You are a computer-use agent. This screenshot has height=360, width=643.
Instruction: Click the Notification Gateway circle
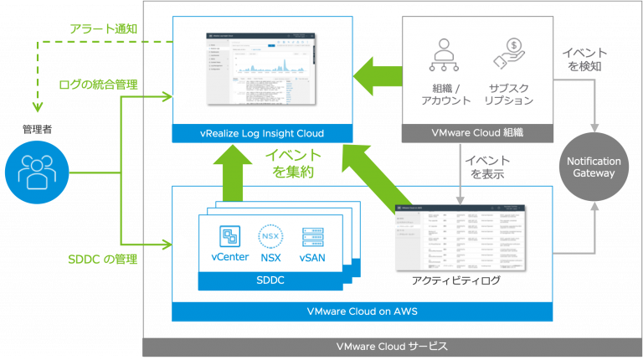[594, 167]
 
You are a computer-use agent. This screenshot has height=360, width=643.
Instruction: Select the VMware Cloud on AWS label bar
[363, 311]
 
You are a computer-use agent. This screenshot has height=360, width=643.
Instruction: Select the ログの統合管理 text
[98, 85]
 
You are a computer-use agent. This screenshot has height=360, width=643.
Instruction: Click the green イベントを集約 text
[292, 163]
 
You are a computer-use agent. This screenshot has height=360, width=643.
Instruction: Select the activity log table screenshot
[459, 238]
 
